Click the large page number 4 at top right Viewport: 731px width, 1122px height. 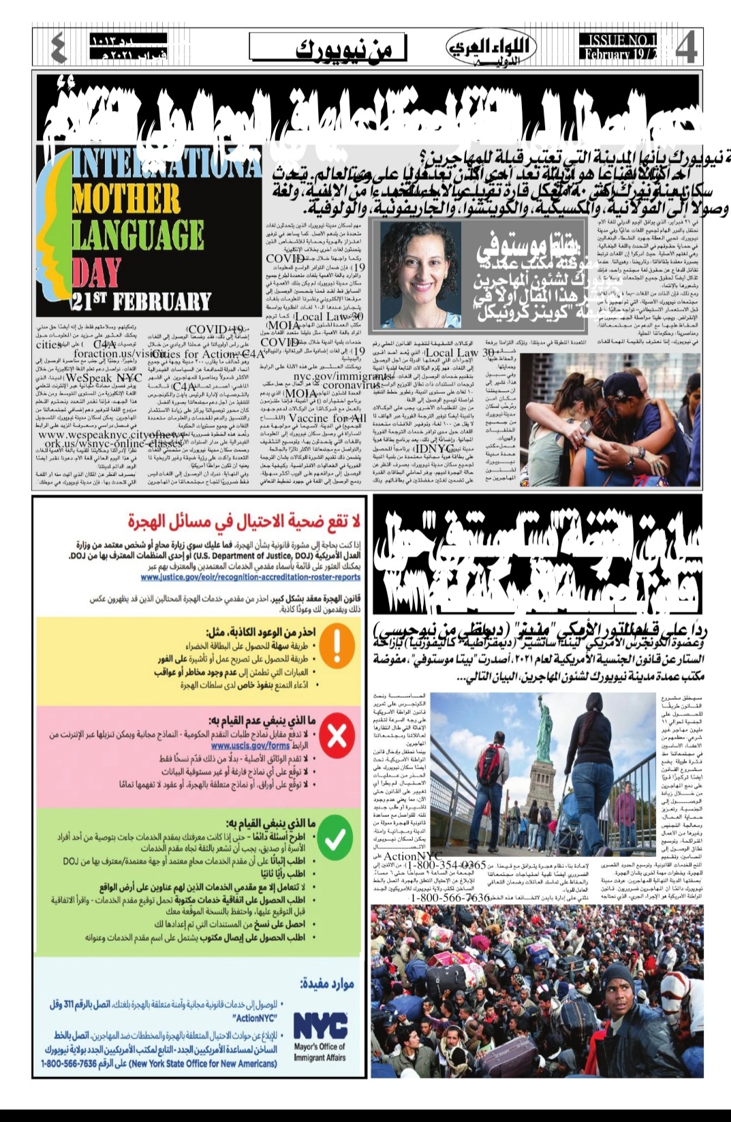686,48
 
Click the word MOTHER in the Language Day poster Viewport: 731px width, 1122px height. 127,199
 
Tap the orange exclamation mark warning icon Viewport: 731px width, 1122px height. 337,646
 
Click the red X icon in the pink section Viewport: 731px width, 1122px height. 337,736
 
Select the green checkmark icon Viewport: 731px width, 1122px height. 335,839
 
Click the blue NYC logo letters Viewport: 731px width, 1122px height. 320,1025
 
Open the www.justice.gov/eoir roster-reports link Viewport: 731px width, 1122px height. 251,577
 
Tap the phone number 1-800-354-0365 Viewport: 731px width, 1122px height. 448,865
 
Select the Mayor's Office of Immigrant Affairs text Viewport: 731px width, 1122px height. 320,1052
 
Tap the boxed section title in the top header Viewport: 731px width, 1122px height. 327,49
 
